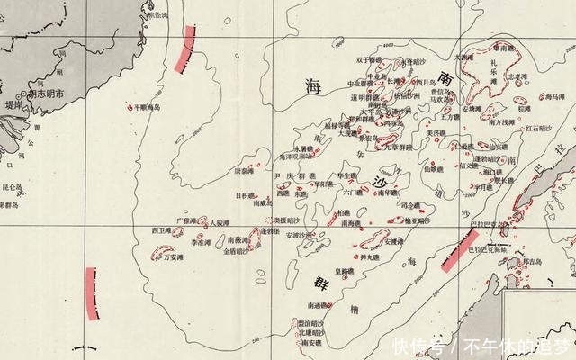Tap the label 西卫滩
[x=161, y=231]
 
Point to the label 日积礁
[x=245, y=194]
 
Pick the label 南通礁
[x=318, y=306]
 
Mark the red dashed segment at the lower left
[x=91, y=292]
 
